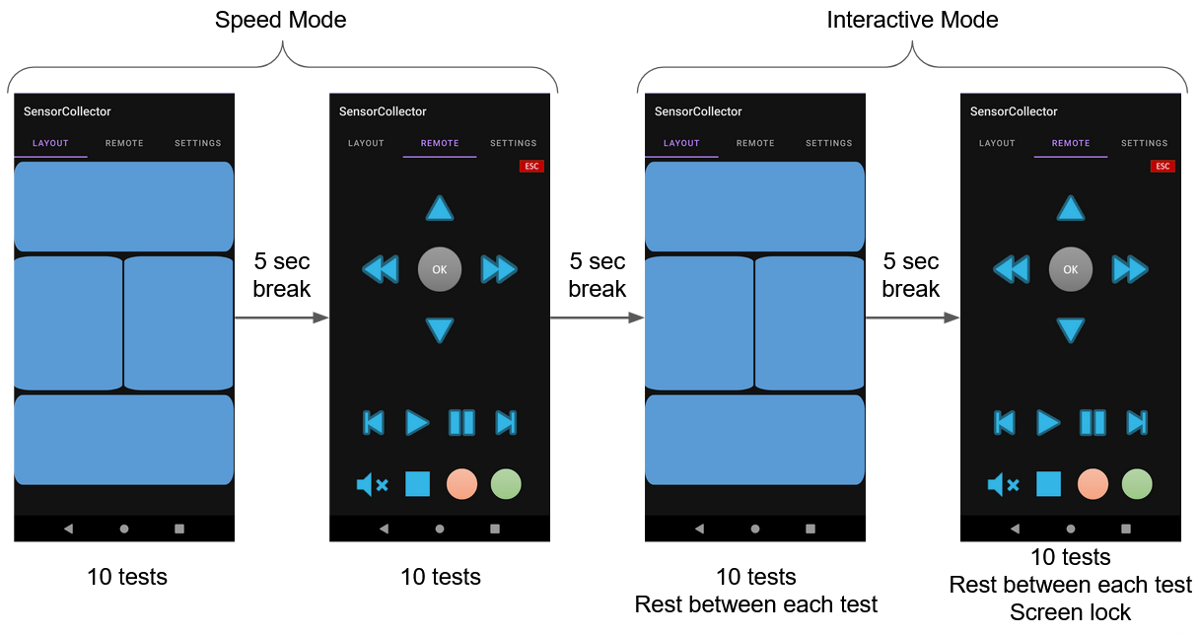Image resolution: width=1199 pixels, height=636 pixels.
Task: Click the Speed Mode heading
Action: (281, 20)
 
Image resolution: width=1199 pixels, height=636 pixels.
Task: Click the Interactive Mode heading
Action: (912, 20)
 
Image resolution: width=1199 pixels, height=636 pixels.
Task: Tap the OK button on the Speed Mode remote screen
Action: (440, 269)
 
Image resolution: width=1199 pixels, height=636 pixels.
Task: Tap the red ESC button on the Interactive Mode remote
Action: (1163, 166)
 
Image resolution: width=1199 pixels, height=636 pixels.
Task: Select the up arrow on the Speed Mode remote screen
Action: (440, 208)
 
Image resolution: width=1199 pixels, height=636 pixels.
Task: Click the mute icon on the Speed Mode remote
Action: (372, 484)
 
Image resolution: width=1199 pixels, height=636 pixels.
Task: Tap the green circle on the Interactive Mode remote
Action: (1137, 484)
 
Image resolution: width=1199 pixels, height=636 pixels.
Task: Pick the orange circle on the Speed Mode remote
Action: (461, 484)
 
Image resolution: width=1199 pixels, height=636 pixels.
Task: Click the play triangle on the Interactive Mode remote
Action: (1048, 423)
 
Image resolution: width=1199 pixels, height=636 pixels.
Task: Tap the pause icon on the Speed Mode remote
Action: (461, 423)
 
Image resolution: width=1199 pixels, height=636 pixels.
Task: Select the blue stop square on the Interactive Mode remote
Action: (1048, 484)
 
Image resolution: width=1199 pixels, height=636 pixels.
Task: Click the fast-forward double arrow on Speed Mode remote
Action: (499, 269)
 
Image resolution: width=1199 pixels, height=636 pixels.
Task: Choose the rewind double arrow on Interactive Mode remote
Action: (1011, 269)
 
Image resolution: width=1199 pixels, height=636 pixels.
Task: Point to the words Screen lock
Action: (1070, 612)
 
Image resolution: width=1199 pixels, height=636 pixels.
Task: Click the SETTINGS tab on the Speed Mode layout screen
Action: (198, 143)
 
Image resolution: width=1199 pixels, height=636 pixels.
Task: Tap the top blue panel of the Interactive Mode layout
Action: (754, 206)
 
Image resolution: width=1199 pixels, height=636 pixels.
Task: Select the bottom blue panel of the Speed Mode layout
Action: (124, 440)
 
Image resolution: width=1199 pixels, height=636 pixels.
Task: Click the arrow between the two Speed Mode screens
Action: (281, 318)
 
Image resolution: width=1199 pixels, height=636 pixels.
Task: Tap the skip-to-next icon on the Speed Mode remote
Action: (506, 423)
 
